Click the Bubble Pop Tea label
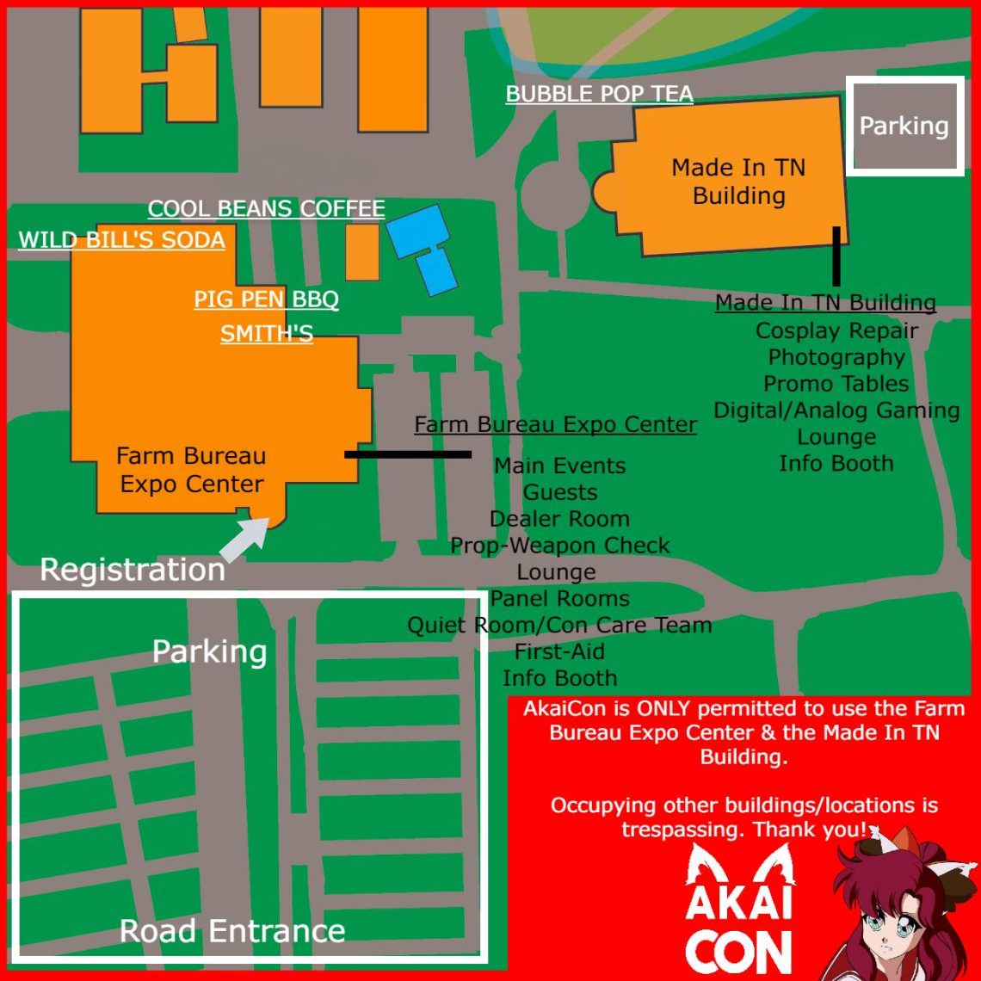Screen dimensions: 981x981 coord(599,94)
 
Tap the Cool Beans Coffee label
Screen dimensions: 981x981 coord(266,208)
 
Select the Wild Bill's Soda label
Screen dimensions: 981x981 coord(121,239)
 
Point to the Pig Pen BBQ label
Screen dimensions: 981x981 coord(266,299)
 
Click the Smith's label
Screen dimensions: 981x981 coord(267,333)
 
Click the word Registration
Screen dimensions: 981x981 coord(133,570)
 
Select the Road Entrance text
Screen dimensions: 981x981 coord(232,930)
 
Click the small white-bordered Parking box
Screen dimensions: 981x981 coord(904,126)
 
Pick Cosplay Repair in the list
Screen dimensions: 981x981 coord(836,330)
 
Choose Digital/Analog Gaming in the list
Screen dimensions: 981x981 coord(836,410)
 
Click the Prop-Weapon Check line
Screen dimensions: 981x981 coord(559,546)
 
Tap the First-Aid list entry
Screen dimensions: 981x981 coord(559,651)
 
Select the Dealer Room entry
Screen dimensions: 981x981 coord(559,519)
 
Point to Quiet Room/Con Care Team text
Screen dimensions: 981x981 coord(559,625)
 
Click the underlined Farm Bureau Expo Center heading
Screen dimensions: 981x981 coord(555,424)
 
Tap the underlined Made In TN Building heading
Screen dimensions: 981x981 coord(825,303)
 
